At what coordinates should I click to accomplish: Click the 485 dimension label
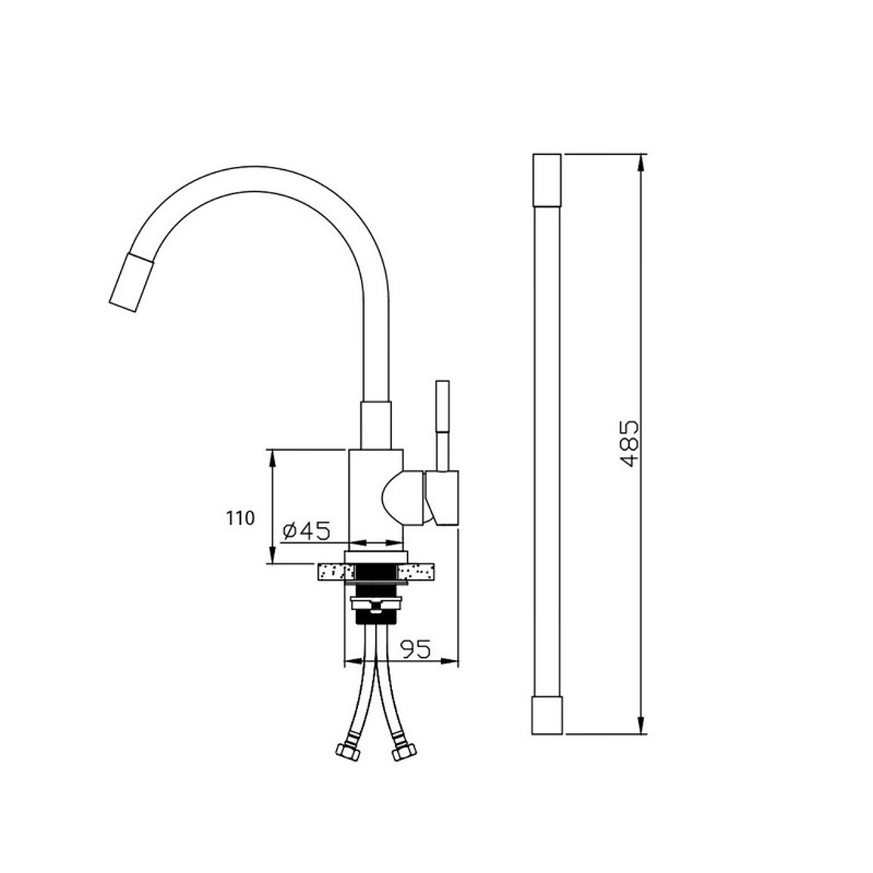pos(630,443)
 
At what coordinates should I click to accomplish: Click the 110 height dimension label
pos(240,518)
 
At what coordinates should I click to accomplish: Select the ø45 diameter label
pos(306,531)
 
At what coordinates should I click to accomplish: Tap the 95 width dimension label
pos(415,649)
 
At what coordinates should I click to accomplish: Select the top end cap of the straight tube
pos(547,180)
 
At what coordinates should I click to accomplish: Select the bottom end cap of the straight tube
pos(547,715)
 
